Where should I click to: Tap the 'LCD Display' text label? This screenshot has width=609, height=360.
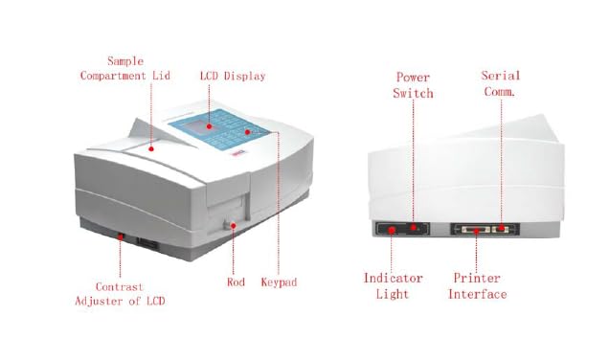tap(233, 76)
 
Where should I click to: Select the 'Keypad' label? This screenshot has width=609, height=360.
tap(279, 282)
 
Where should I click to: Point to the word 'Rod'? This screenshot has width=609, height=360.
tap(236, 282)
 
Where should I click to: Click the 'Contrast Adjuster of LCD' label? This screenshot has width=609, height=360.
tap(120, 294)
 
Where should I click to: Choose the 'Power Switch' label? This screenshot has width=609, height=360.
tap(414, 85)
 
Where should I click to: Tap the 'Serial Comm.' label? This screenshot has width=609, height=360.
tap(500, 84)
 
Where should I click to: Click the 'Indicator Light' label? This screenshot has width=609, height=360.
tap(393, 286)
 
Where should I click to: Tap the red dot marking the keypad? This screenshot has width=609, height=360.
tap(247, 131)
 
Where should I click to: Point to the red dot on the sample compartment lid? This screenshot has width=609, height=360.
tap(154, 146)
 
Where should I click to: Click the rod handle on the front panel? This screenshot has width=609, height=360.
tap(234, 226)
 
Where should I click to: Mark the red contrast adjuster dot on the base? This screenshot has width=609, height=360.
tap(120, 235)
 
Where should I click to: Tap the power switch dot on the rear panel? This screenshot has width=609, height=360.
tap(414, 228)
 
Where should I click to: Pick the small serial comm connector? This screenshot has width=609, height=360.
tap(502, 230)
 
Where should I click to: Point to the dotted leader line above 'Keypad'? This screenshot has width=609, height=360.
tap(279, 201)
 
